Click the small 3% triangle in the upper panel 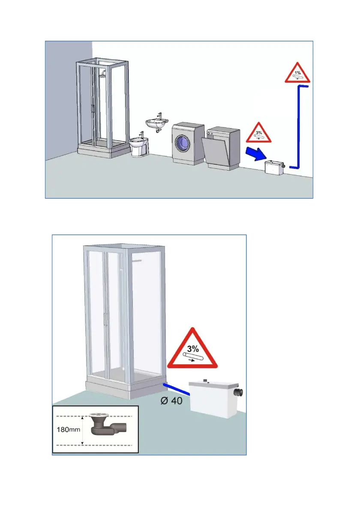pos(258,133)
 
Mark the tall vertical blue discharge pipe pos(297,124)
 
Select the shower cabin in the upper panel pos(103,107)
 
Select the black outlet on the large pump pos(240,392)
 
